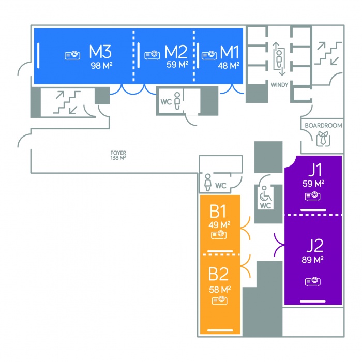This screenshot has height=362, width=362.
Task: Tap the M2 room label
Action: point(176,52)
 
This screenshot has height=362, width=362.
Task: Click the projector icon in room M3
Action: point(72,55)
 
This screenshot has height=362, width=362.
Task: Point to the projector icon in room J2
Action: point(312,281)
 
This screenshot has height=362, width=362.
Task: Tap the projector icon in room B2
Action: point(219,300)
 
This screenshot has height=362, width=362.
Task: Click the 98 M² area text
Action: point(101,66)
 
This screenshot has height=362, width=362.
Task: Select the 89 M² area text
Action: point(313,260)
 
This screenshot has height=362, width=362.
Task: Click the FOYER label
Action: point(118,153)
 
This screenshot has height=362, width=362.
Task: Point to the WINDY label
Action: point(279,84)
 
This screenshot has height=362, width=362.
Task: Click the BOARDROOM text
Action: point(323,126)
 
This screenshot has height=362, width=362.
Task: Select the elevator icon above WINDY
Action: point(279,58)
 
